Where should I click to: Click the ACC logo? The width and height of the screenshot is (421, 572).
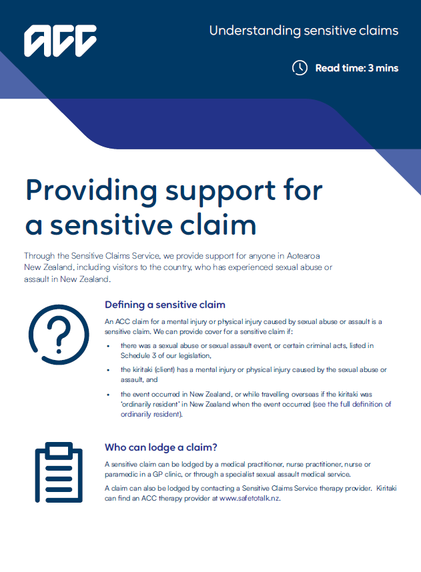point(60,41)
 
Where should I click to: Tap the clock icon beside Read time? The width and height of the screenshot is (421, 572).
point(300,67)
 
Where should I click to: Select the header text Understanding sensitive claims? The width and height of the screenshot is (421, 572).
point(304,31)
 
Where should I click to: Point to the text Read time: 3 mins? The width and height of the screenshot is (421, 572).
point(356,68)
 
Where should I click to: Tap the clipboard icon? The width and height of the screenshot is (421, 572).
point(59,475)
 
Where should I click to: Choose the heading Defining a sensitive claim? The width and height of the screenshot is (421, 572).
point(165,305)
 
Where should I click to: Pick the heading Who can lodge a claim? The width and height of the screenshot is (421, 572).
point(161,447)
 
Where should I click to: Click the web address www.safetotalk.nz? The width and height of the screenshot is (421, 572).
point(250,498)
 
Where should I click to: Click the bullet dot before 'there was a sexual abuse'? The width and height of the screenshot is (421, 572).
point(109,346)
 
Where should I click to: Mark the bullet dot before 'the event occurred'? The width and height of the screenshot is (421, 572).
point(109,395)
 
